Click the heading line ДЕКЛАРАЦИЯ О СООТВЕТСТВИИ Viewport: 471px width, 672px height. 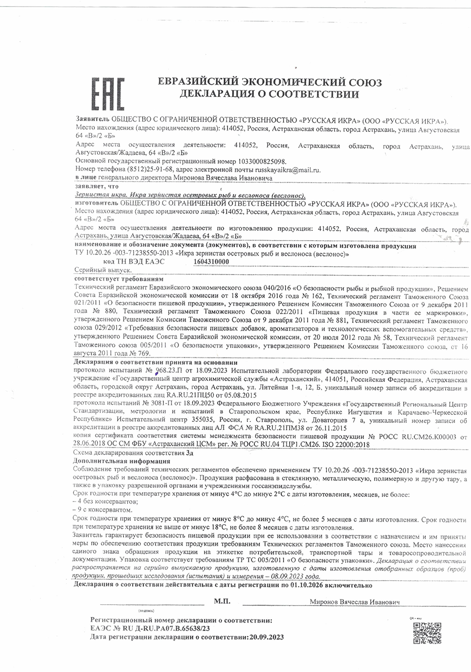point(268,94)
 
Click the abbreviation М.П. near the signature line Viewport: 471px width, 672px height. point(221,601)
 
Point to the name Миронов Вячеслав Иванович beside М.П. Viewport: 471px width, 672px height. point(355,602)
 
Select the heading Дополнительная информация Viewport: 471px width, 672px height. point(122,461)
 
